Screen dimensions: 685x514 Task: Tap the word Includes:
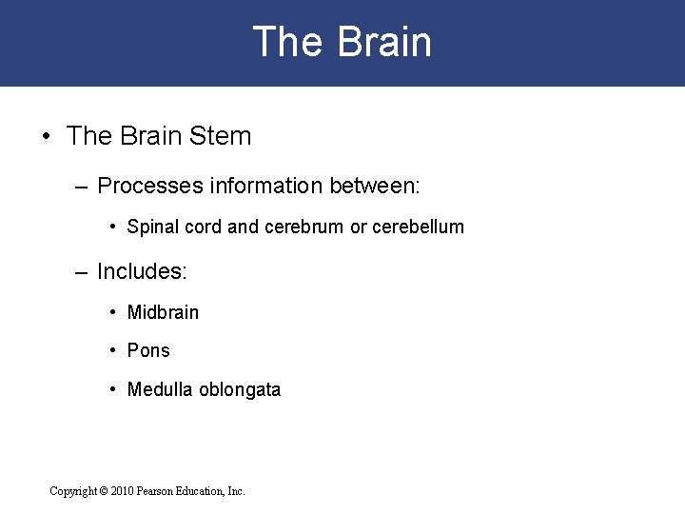click(143, 271)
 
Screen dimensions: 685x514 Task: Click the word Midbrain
click(163, 312)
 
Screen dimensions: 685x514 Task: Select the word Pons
click(148, 351)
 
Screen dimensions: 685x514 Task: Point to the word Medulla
click(159, 389)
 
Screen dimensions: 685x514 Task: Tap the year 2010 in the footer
click(123, 491)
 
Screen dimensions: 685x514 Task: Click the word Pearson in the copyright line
click(160, 491)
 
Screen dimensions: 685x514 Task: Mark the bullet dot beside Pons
click(113, 351)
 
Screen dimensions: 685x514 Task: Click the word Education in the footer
click(206, 491)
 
